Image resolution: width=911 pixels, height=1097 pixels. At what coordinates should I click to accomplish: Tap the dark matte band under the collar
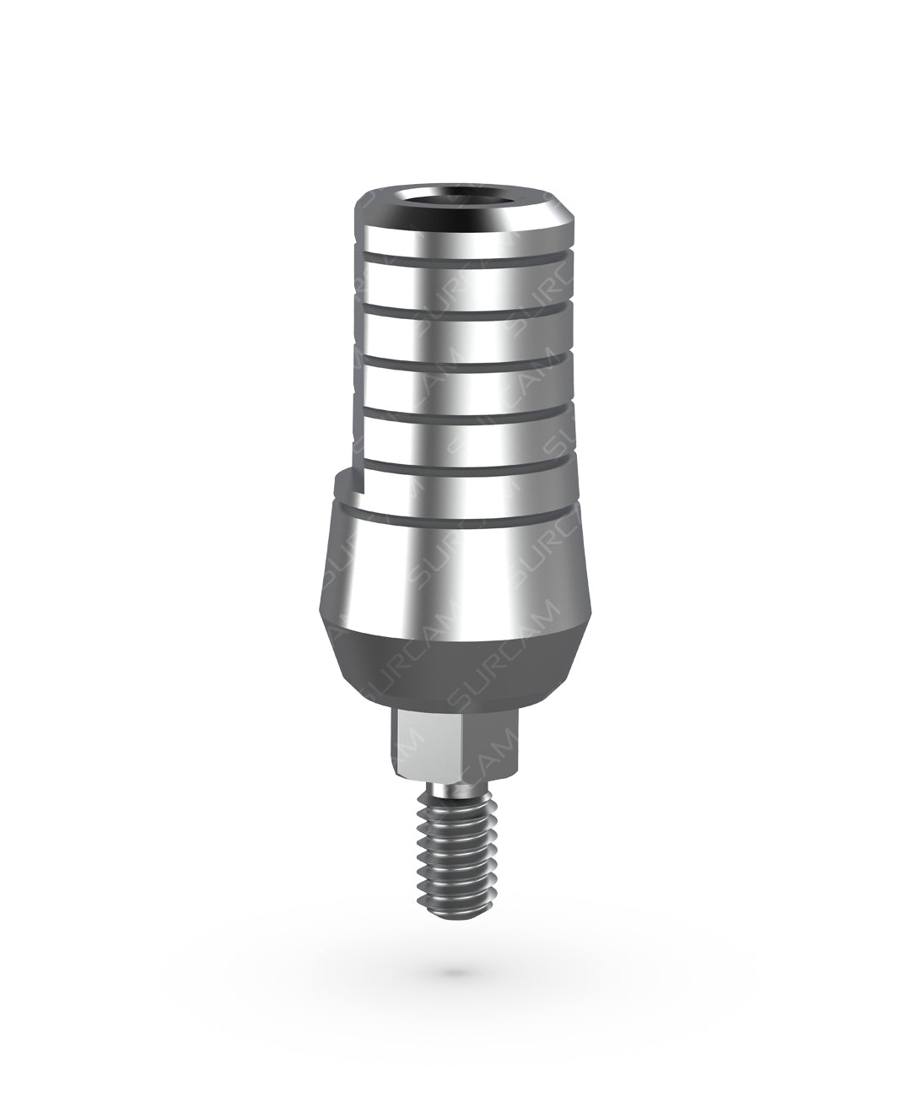pos(455,667)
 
